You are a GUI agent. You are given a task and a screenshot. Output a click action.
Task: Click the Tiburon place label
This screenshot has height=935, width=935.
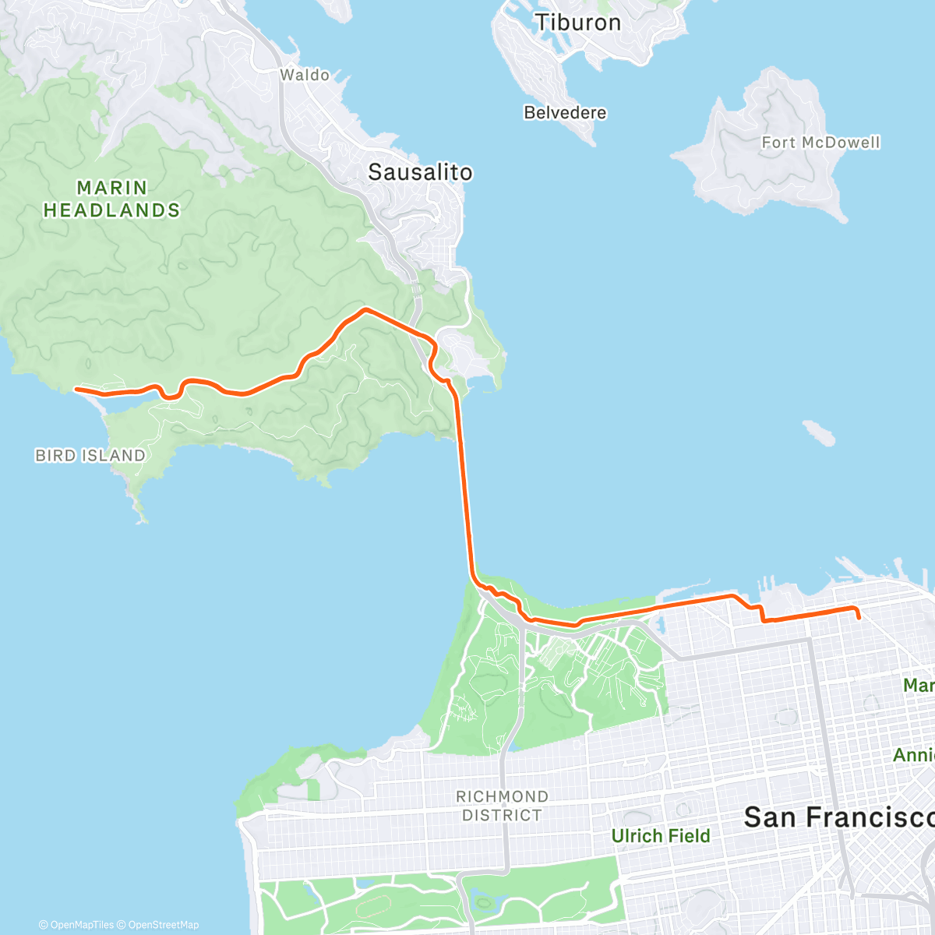pyautogui.click(x=577, y=23)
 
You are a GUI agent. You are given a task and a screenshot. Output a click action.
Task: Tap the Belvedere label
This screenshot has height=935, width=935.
pyautogui.click(x=565, y=113)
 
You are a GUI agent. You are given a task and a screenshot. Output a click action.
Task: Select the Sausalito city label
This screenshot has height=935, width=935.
pyautogui.click(x=420, y=172)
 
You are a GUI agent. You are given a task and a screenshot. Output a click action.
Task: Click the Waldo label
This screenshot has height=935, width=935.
pyautogui.click(x=305, y=76)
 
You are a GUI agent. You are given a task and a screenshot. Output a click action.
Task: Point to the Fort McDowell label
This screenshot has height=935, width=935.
pyautogui.click(x=820, y=143)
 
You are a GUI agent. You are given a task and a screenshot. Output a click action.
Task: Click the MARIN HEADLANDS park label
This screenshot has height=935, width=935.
pyautogui.click(x=111, y=199)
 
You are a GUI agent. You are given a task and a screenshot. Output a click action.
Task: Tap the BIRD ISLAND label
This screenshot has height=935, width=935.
pyautogui.click(x=90, y=456)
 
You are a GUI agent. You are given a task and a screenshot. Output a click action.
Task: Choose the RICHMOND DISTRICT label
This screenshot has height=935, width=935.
pyautogui.click(x=502, y=806)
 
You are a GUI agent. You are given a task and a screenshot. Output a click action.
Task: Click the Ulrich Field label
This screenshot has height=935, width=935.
pyautogui.click(x=661, y=836)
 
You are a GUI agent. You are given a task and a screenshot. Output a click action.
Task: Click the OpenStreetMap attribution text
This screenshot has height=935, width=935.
pyautogui.click(x=164, y=925)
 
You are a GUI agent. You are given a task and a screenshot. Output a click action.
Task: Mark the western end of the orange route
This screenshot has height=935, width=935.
pyautogui.click(x=76, y=388)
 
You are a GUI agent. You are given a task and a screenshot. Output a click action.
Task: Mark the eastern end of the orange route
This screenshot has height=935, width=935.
pyautogui.click(x=859, y=618)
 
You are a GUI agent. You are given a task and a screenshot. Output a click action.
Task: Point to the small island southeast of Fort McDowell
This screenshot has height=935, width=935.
pyautogui.click(x=818, y=432)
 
